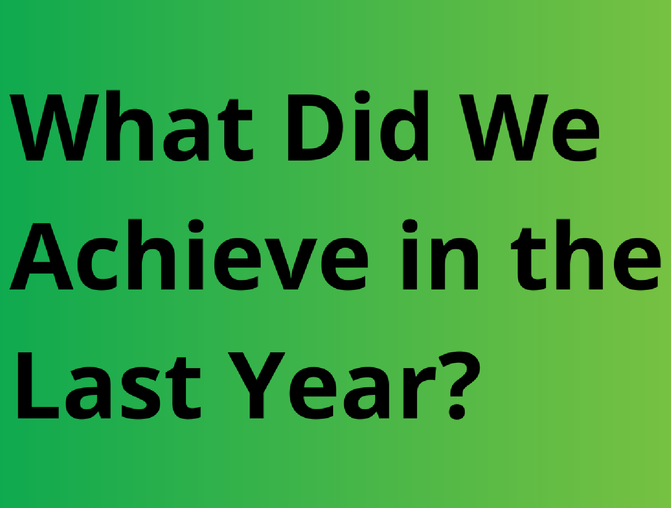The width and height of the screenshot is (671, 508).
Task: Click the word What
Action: (131, 126)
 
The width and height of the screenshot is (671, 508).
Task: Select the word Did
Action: (358, 126)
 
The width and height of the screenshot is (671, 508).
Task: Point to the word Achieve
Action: (189, 254)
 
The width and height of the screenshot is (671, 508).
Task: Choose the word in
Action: (440, 254)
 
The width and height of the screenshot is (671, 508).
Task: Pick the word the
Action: (586, 254)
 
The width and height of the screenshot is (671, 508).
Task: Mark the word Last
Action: (109, 386)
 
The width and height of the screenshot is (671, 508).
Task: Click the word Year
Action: (332, 386)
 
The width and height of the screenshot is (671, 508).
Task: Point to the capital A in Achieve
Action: (42, 256)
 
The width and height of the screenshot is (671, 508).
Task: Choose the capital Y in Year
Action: (256, 385)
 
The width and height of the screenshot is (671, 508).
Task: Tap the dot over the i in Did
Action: (362, 97)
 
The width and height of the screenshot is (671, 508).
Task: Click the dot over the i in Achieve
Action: (196, 226)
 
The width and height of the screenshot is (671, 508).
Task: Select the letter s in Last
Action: (141, 393)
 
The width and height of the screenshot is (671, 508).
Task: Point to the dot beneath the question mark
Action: (457, 411)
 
